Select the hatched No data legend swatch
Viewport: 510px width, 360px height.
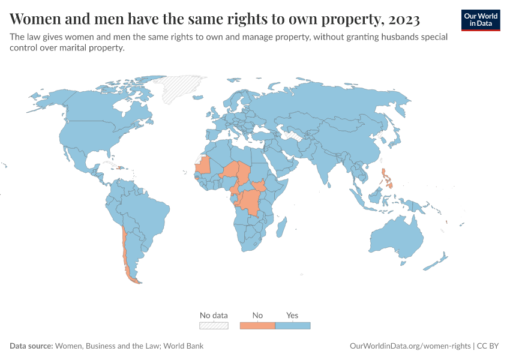point(214,325)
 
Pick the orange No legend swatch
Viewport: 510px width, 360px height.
point(257,325)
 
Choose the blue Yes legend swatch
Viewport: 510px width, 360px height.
point(292,325)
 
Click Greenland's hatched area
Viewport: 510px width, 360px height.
point(180,87)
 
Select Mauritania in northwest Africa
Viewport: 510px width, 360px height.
point(205,164)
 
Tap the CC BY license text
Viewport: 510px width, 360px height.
point(488,346)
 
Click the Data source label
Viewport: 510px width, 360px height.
point(31,346)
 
